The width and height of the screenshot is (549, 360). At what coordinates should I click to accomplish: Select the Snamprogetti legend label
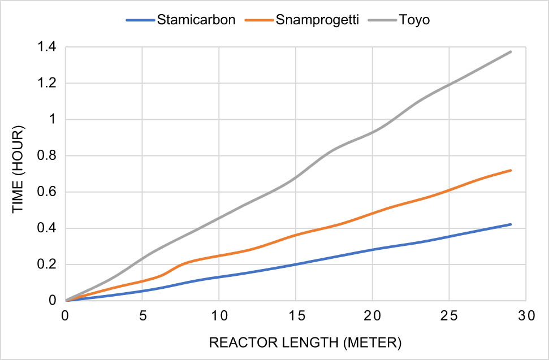click(x=317, y=21)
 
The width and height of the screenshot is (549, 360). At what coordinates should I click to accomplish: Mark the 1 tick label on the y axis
click(x=52, y=120)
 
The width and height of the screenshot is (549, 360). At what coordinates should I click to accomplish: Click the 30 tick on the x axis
click(x=526, y=314)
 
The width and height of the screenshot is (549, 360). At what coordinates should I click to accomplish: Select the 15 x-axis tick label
click(x=296, y=314)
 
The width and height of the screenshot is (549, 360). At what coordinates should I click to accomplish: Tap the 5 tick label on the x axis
click(x=142, y=314)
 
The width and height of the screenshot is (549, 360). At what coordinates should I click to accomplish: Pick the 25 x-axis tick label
click(x=449, y=314)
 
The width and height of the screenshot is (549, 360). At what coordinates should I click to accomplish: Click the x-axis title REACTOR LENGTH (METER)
click(x=296, y=342)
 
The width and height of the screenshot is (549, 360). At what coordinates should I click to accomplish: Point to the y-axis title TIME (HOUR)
click(x=18, y=174)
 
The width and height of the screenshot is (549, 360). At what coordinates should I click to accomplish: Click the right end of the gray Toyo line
click(x=511, y=51)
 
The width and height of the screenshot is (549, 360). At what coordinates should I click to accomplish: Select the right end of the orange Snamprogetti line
click(x=511, y=170)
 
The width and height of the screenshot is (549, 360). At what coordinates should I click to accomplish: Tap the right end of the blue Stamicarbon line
click(x=511, y=224)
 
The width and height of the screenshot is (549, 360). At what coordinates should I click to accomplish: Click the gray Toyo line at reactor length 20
click(x=373, y=132)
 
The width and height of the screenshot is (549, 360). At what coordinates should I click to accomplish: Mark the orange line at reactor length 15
click(x=296, y=235)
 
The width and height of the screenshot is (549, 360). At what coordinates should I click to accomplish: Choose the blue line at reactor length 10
click(x=219, y=276)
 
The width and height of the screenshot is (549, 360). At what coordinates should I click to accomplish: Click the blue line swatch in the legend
click(x=140, y=21)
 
